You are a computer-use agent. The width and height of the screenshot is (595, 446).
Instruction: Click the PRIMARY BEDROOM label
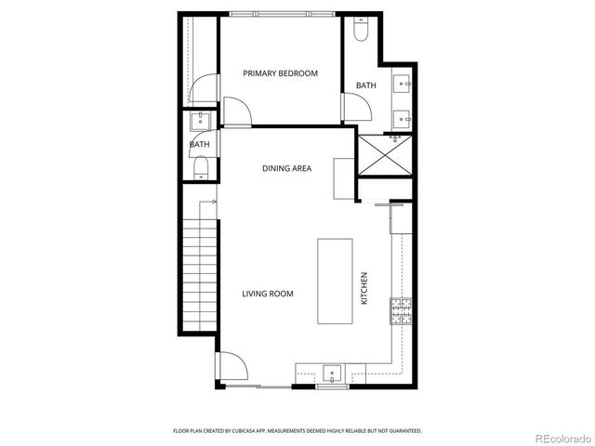tap(280, 72)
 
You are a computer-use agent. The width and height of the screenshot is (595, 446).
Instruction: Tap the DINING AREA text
tap(285, 168)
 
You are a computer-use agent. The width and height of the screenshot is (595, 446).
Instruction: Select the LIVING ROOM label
tap(268, 294)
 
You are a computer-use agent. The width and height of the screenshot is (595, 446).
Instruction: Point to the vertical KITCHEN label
tap(364, 288)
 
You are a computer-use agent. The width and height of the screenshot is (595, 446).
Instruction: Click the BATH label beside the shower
tap(365, 86)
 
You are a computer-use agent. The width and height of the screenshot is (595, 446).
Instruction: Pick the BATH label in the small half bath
tap(199, 144)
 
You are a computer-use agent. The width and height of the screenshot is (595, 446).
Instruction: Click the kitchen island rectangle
tap(335, 281)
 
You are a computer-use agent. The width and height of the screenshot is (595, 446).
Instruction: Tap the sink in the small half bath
tap(199, 120)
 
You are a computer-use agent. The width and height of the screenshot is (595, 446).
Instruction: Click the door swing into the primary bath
tap(358, 109)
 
